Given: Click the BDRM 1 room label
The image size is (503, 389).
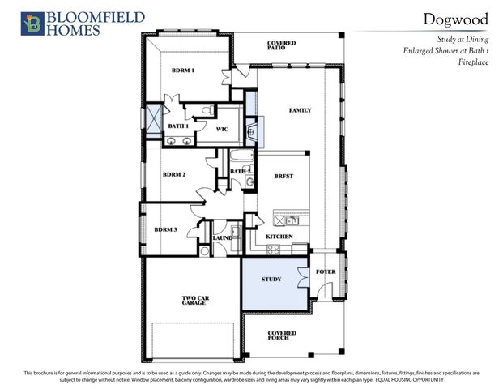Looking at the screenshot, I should (x=182, y=71).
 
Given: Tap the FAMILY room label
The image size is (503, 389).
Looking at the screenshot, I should (x=300, y=110).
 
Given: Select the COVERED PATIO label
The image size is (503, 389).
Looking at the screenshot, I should (x=281, y=45).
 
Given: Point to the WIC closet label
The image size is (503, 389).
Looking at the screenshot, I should (x=221, y=129).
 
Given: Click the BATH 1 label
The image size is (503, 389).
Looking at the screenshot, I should (x=178, y=126).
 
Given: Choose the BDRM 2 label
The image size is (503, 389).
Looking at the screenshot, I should (x=174, y=175).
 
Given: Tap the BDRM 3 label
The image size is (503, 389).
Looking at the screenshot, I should (x=165, y=230).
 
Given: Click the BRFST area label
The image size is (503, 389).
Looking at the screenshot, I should (x=283, y=176).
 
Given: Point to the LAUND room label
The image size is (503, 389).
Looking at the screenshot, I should (x=223, y=238).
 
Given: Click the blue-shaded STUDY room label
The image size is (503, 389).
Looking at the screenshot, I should (x=271, y=280).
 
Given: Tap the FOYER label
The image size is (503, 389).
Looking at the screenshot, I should (x=326, y=271).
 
